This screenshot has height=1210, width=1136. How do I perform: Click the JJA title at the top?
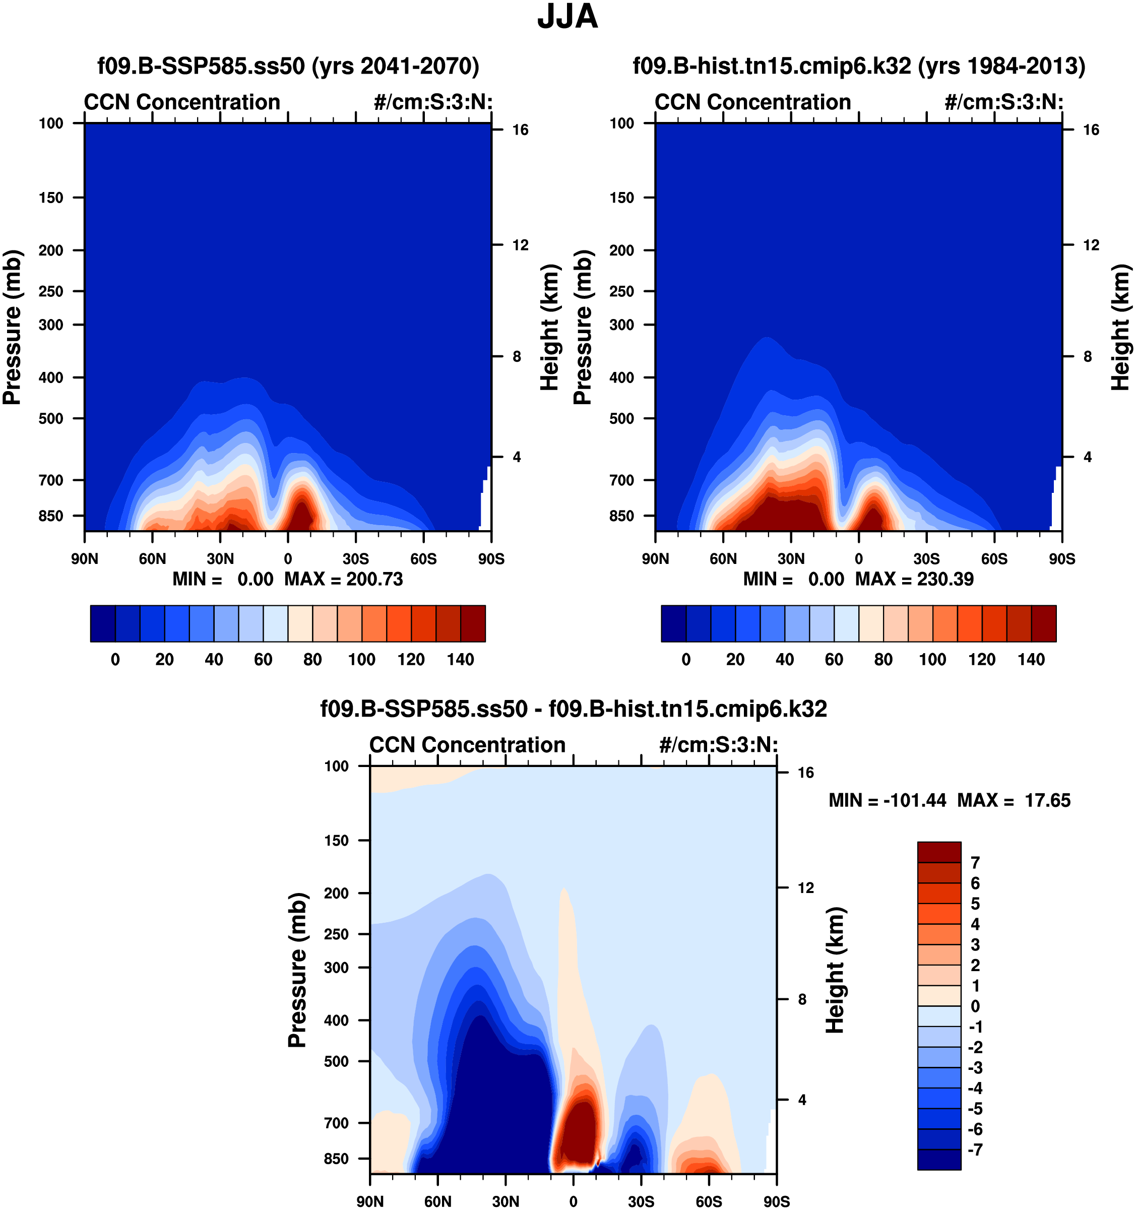(567, 17)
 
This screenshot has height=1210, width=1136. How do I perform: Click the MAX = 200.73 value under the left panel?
(343, 579)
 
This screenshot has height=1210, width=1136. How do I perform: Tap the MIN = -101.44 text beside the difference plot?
(888, 800)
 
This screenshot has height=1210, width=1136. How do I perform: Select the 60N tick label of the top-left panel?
(152, 559)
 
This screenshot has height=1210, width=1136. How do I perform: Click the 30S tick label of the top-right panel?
(926, 559)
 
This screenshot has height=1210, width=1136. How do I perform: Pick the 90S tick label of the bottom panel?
(776, 1201)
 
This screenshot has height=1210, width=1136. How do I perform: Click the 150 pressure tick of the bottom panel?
(337, 841)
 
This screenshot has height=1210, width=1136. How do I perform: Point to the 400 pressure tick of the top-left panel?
(51, 377)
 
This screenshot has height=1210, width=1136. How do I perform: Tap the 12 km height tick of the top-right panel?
(1091, 245)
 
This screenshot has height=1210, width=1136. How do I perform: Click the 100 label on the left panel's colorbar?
(362, 659)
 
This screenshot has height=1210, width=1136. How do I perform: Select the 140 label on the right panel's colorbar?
(1031, 659)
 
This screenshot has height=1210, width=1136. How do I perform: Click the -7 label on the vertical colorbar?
(975, 1150)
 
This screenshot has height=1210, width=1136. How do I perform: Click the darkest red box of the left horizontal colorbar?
(473, 623)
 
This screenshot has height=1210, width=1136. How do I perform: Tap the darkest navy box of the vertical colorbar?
(939, 1160)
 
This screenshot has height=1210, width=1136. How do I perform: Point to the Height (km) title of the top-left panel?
(549, 328)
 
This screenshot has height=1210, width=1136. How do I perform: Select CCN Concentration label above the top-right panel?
(752, 102)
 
